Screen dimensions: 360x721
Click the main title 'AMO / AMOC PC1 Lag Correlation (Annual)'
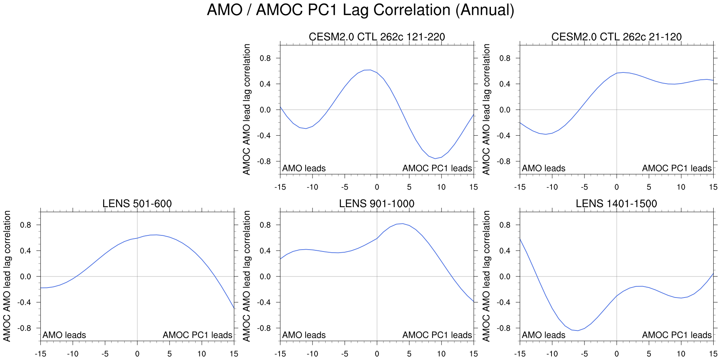[x=360, y=10]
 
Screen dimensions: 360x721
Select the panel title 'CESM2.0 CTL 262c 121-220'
[x=377, y=37]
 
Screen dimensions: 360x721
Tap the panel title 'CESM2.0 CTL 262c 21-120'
[x=616, y=37]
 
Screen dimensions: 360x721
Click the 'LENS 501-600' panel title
[x=137, y=204]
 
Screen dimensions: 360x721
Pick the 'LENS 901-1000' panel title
[x=377, y=204]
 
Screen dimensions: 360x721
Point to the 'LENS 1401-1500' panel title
[x=616, y=204]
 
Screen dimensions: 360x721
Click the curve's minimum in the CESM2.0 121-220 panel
[x=435, y=158]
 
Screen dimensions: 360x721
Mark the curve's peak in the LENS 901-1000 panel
[x=402, y=224]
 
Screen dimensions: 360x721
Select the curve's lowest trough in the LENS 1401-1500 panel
[x=578, y=330]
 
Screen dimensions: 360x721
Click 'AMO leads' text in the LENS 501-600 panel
[x=64, y=335]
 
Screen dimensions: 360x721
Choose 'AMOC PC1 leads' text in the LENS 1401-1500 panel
[x=677, y=335]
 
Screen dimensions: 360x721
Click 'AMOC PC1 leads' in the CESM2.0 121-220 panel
[x=437, y=168]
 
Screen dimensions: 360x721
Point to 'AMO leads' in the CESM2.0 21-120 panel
[x=543, y=168]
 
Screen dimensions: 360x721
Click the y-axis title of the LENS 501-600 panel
[x=7, y=276]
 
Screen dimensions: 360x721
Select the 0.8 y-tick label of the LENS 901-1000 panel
[x=265, y=225]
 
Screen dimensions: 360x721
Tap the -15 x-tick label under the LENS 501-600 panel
[x=40, y=354]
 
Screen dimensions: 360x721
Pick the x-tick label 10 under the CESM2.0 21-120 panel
[x=681, y=187]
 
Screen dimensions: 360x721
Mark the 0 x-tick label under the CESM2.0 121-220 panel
[x=377, y=187]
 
